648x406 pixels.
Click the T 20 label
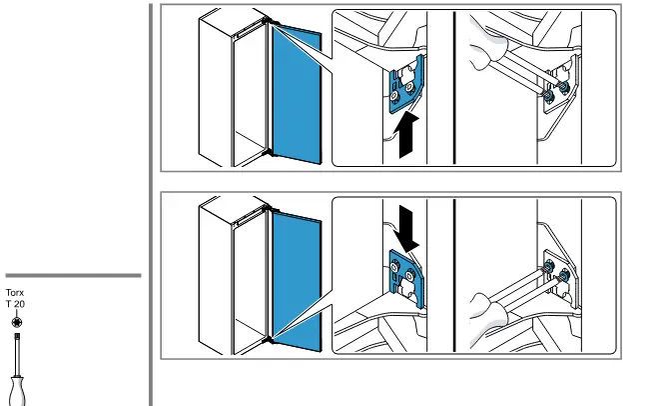pyautogui.click(x=15, y=304)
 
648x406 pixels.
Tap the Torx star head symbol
pyautogui.click(x=15, y=322)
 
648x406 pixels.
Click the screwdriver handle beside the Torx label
pyautogui.click(x=16, y=388)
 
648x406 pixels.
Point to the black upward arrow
pyautogui.click(x=405, y=135)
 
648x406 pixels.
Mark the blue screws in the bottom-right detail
pyautogui.click(x=557, y=271)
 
